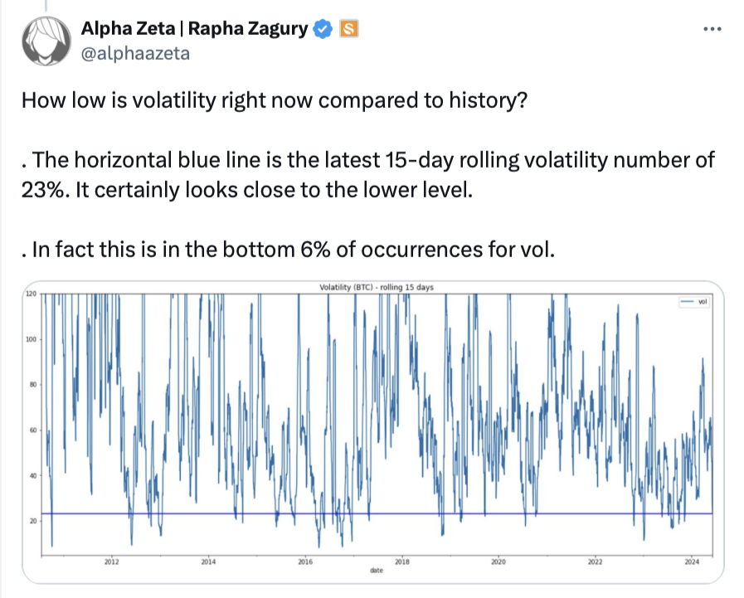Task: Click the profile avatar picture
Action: click(46, 41)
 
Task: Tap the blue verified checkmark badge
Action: click(323, 29)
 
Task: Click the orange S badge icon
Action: click(348, 29)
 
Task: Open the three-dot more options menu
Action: click(712, 29)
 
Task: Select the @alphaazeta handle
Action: click(135, 54)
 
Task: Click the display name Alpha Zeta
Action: click(128, 28)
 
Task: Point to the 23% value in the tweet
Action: click(41, 190)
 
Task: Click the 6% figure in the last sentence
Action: click(315, 250)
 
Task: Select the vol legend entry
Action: click(694, 302)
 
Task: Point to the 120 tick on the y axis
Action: click(31, 294)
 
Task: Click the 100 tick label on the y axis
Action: click(31, 339)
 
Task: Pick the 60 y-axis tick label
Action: click(32, 430)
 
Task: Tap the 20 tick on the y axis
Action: click(32, 521)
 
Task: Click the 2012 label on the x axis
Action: click(111, 562)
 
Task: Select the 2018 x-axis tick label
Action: click(402, 562)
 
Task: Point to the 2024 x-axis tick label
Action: click(692, 562)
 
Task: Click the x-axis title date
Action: click(377, 571)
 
